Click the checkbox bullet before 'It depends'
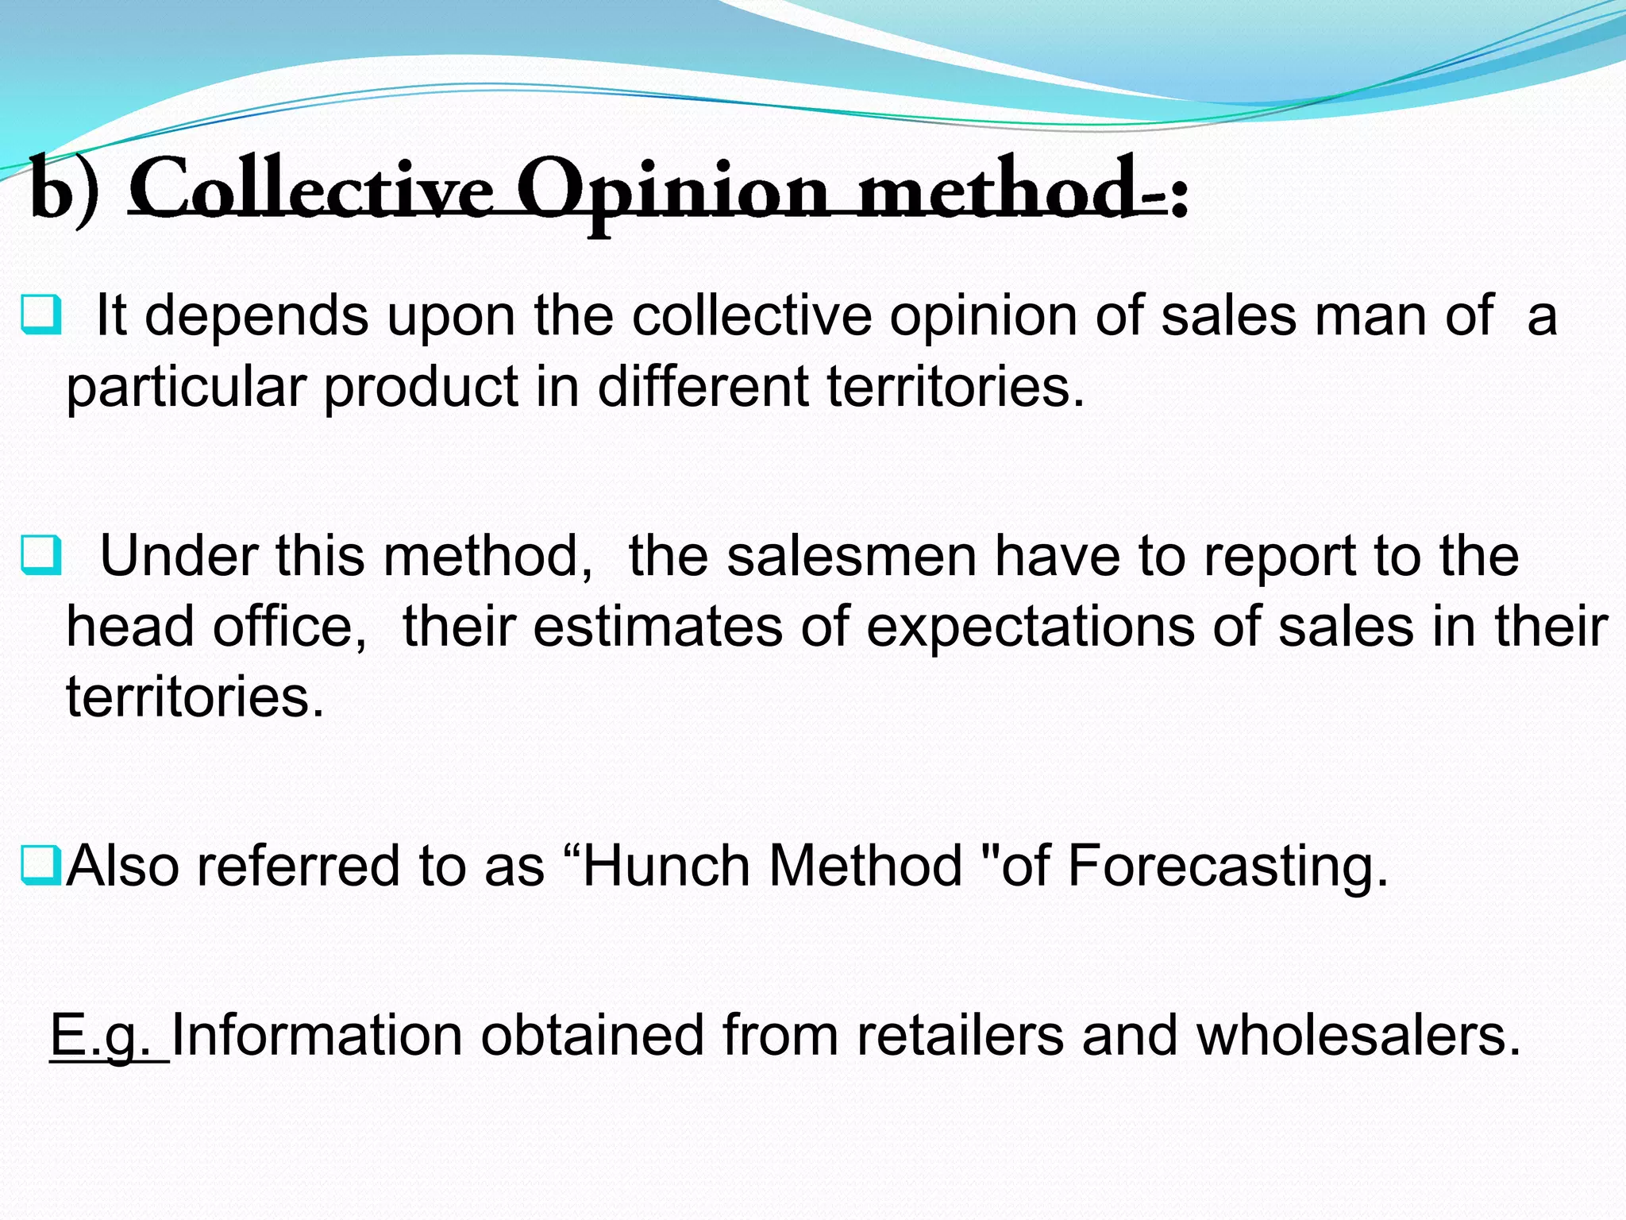[40, 315]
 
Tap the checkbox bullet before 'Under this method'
[40, 555]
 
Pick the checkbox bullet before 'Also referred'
[40, 865]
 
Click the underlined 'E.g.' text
[109, 1035]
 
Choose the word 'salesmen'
[851, 555]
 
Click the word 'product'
[420, 387]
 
